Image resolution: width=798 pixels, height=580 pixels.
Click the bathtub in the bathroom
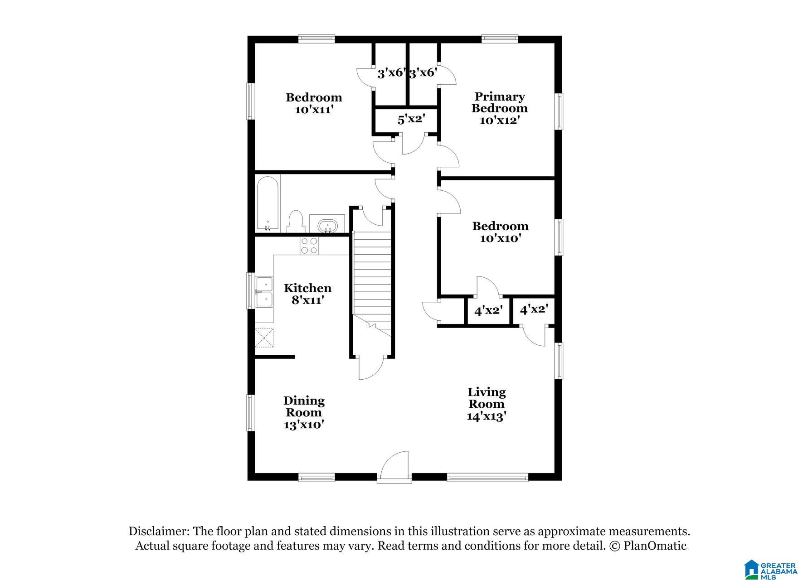[268, 203]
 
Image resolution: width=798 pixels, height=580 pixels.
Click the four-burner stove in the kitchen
[309, 246]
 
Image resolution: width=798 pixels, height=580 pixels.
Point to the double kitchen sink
[264, 292]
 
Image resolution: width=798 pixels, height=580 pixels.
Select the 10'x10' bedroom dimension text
[500, 238]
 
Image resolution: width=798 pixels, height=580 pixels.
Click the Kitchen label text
[307, 288]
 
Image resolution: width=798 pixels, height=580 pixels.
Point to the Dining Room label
[304, 406]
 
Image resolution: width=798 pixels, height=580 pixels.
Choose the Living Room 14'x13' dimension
[487, 416]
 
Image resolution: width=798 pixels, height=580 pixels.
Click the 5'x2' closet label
[411, 120]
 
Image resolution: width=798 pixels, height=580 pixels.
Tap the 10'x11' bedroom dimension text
[314, 109]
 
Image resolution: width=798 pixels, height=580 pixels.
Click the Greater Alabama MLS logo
[770, 569]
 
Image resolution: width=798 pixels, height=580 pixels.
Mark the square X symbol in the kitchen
[264, 338]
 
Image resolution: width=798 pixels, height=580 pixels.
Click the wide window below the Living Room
[487, 477]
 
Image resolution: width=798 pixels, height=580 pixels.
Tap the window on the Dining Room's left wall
[250, 412]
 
